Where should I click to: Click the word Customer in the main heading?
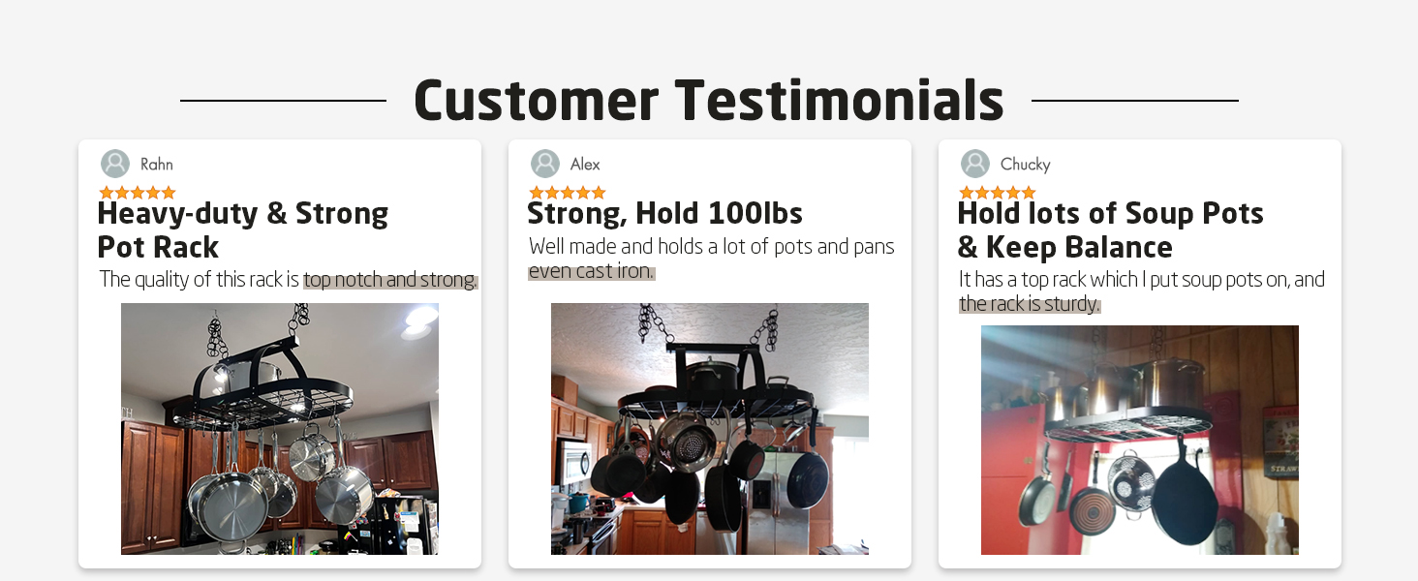point(537,100)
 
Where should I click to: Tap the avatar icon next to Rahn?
point(114,164)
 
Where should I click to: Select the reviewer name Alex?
point(584,165)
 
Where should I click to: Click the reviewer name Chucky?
point(1025,165)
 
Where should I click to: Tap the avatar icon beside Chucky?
point(974,164)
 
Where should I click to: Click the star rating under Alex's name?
point(568,193)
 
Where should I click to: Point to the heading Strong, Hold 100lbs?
point(664,213)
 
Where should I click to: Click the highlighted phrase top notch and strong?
point(390,279)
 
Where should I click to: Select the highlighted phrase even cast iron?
point(591,271)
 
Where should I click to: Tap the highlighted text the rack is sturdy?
point(1030,304)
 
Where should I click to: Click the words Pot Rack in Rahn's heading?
point(158,247)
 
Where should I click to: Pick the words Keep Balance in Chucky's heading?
point(1079,247)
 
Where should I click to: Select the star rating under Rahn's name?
point(138,193)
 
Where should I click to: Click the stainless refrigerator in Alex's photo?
point(780,500)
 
